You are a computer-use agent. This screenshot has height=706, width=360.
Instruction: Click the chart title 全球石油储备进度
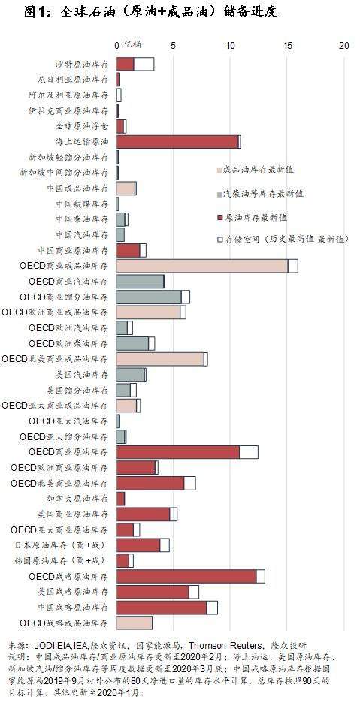tap(150, 11)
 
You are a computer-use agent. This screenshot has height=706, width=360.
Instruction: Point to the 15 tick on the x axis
tap(287, 46)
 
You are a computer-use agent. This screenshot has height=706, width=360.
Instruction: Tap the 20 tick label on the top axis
tap(344, 46)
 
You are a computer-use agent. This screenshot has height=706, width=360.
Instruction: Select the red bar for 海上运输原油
tap(177, 141)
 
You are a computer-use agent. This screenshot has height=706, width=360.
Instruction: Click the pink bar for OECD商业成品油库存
tap(202, 266)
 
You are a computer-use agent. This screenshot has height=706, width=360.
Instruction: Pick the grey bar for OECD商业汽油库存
tap(140, 282)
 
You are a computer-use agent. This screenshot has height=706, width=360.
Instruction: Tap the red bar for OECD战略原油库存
tap(186, 576)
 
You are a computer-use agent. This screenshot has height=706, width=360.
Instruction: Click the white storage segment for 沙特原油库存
tap(144, 64)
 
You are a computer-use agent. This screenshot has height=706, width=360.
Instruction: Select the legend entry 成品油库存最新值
tap(255, 170)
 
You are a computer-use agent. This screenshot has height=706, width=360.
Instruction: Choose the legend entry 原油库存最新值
tap(252, 218)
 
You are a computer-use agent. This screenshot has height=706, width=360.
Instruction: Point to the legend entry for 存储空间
tap(283, 240)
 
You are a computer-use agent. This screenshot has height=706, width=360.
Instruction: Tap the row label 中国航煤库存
tap(82, 204)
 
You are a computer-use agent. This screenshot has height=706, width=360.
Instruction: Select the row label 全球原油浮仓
tap(82, 126)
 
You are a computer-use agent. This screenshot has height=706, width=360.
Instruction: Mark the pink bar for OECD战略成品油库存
tap(135, 623)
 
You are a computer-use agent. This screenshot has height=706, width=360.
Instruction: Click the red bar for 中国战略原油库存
tap(162, 608)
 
